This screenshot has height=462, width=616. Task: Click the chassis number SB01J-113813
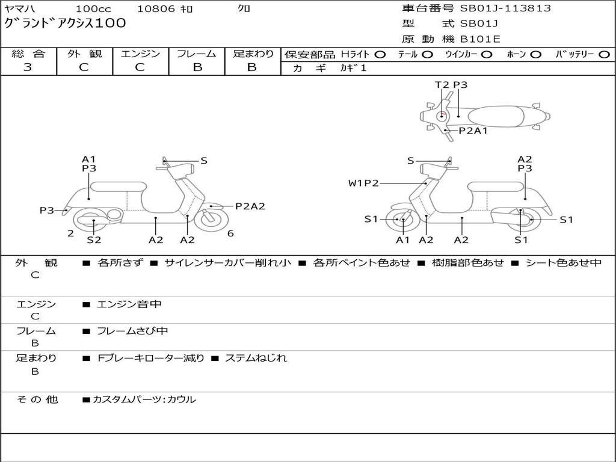pyautogui.click(x=505, y=8)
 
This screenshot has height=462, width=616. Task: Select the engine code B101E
pyautogui.click(x=480, y=39)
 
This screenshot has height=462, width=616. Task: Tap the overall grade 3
pyautogui.click(x=28, y=67)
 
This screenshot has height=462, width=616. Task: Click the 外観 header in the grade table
pyautogui.click(x=84, y=54)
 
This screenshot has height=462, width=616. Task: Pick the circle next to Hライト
pyautogui.click(x=380, y=55)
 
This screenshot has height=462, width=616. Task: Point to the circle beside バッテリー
pyautogui.click(x=604, y=55)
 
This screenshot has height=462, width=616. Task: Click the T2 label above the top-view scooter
pyautogui.click(x=442, y=85)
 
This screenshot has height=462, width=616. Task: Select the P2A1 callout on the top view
pyautogui.click(x=473, y=131)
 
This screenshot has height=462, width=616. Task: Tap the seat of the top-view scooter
pyautogui.click(x=496, y=117)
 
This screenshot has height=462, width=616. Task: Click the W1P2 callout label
pyautogui.click(x=363, y=183)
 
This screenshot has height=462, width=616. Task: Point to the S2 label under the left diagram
pyautogui.click(x=94, y=239)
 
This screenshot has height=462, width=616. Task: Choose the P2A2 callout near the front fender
pyautogui.click(x=250, y=206)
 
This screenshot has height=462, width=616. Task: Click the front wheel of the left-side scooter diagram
pyautogui.click(x=211, y=220)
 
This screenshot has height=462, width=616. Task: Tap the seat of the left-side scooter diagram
pyautogui.click(x=119, y=186)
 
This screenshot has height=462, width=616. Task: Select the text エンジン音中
pyautogui.click(x=129, y=304)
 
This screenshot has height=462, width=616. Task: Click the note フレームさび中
pyautogui.click(x=132, y=331)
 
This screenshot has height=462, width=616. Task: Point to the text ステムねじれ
pyautogui.click(x=256, y=358)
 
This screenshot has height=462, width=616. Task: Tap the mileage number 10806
pyautogui.click(x=156, y=8)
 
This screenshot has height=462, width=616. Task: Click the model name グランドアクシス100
pyautogui.click(x=65, y=23)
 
